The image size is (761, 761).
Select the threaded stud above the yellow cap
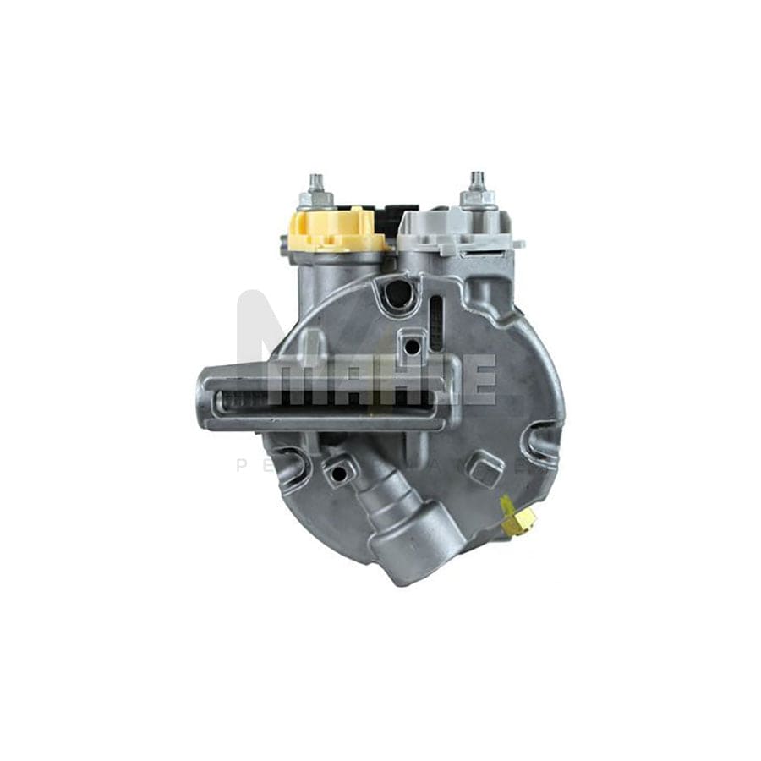click(x=316, y=188)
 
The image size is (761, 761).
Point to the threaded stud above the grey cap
click(x=474, y=187)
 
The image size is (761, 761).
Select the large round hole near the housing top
click(x=399, y=293)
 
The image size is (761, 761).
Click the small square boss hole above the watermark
click(x=412, y=345)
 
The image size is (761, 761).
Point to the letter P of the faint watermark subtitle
click(x=241, y=466)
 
